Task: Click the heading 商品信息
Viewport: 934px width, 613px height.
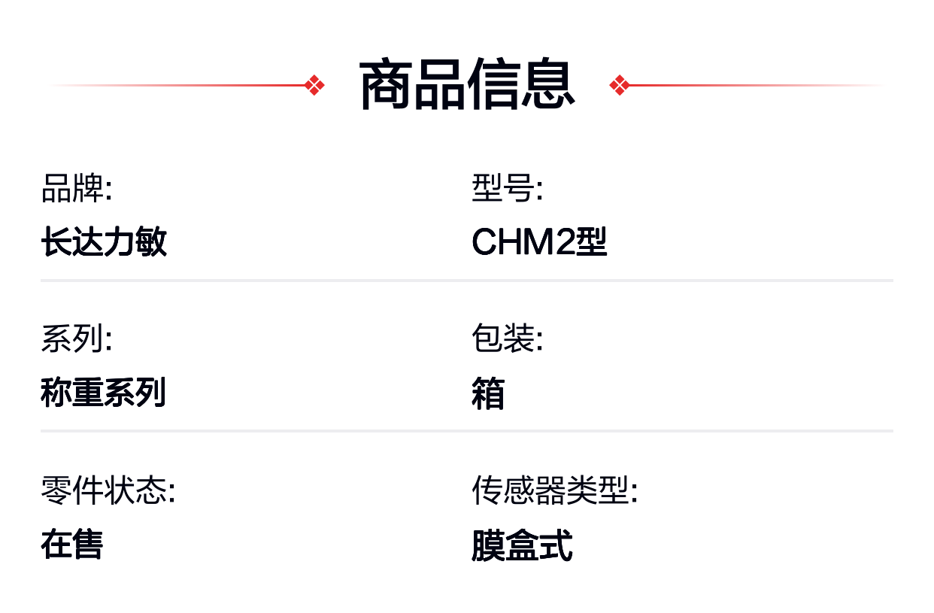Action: (467, 84)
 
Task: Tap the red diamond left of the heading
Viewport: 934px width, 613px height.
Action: (314, 85)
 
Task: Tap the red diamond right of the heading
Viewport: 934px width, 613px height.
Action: (620, 85)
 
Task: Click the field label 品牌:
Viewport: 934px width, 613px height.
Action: (77, 188)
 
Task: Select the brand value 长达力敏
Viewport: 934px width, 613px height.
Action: (104, 241)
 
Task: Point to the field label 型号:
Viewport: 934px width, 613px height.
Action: (508, 188)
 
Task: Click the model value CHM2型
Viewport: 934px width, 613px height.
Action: (539, 241)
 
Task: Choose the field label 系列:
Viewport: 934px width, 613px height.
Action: (77, 338)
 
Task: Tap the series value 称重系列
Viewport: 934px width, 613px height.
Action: (104, 392)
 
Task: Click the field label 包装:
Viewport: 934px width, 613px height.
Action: (508, 338)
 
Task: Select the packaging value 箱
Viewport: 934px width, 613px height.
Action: (488, 393)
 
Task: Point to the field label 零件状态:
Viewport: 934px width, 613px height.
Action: (108, 490)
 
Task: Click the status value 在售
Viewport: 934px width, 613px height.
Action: (72, 544)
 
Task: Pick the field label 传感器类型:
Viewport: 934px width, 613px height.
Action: (555, 490)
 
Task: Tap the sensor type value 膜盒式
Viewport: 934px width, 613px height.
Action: (523, 545)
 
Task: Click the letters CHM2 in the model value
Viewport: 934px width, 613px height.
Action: (523, 242)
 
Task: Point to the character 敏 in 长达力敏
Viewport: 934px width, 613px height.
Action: (151, 241)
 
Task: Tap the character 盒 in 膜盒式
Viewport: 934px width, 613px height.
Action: (523, 545)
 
